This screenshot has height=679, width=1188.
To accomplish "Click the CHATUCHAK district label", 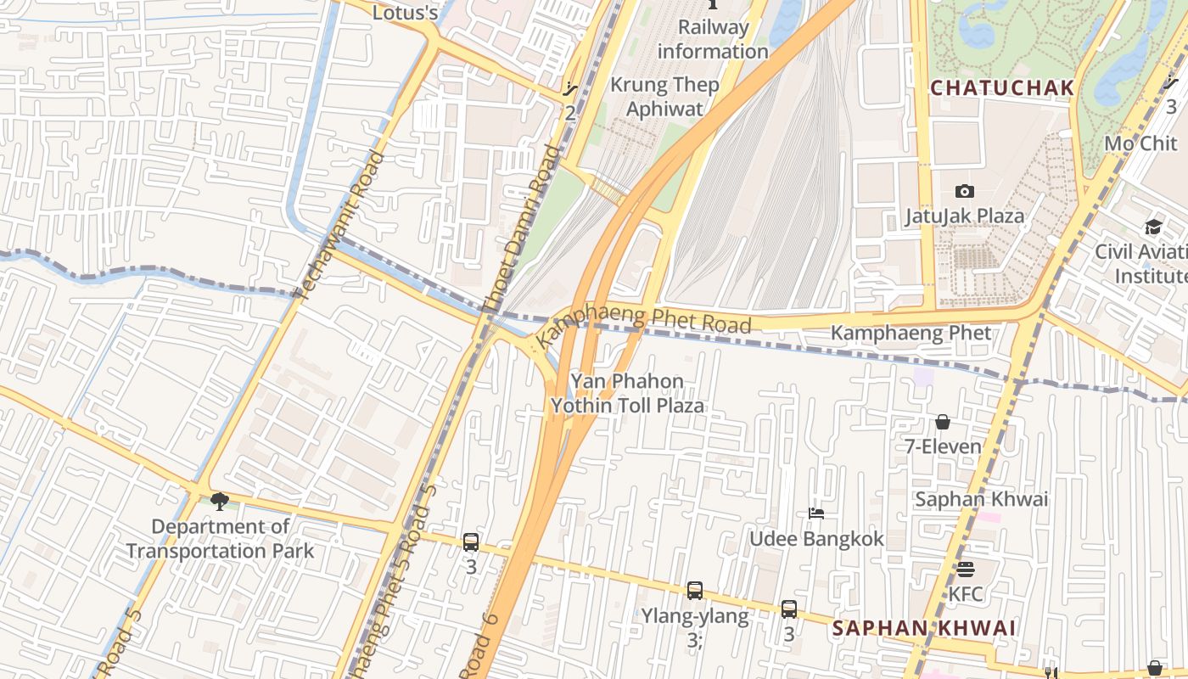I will (1002, 87).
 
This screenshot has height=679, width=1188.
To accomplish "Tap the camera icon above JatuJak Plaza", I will (964, 191).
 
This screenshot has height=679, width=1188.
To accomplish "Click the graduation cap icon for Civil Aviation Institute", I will (1152, 227).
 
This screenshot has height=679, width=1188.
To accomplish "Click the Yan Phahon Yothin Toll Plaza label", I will (627, 393).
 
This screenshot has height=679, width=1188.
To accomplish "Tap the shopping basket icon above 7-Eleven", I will (942, 422).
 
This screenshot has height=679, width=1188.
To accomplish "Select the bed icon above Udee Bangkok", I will (816, 513).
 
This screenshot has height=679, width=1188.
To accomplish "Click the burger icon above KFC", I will (966, 569).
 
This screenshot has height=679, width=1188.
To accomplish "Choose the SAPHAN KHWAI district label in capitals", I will (923, 628).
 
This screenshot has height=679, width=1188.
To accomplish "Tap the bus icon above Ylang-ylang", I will (694, 590).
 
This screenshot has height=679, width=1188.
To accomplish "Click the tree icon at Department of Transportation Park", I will (220, 501).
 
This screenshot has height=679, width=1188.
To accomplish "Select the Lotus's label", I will (406, 13).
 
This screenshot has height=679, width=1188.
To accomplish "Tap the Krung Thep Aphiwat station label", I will (664, 97).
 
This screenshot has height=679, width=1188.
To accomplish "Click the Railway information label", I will (713, 39).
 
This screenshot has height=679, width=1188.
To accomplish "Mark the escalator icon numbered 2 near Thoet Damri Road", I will (570, 88).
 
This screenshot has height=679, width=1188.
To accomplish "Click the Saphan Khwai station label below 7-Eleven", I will (981, 499).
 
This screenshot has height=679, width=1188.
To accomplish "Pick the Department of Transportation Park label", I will (220, 538).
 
